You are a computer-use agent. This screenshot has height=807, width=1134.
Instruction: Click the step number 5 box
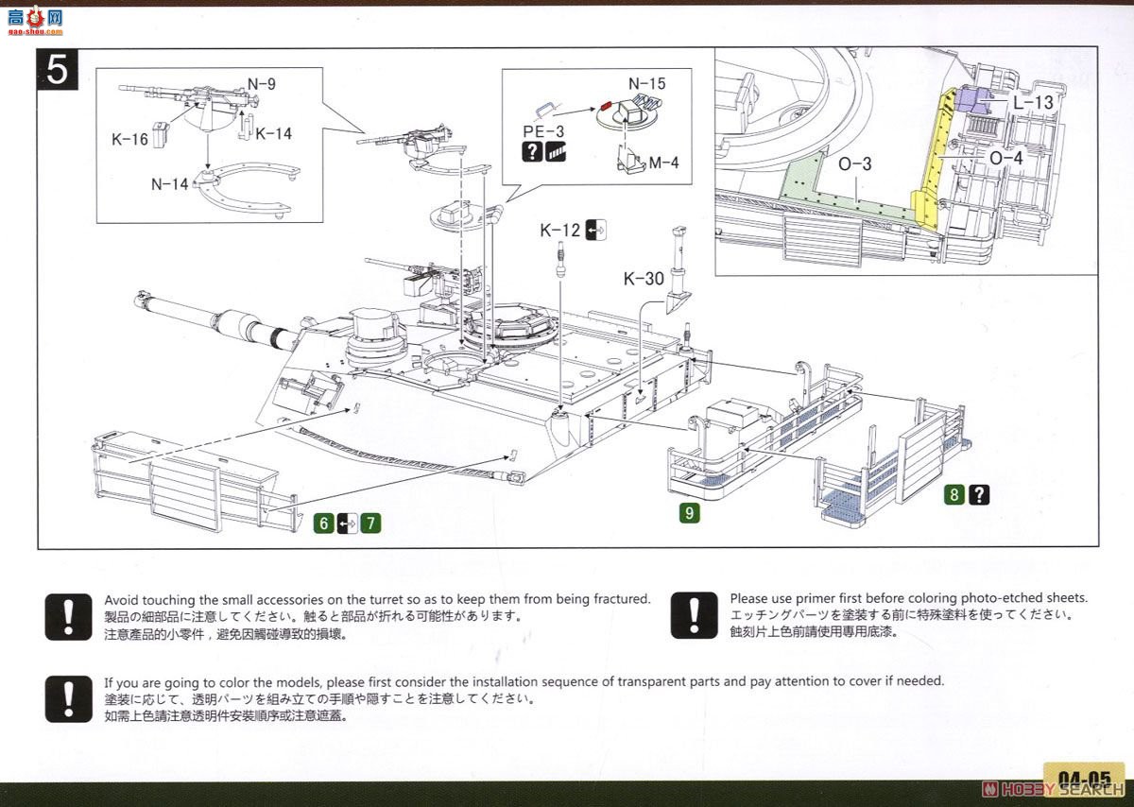(x=58, y=69)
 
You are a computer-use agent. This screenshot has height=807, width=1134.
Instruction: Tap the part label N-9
(x=262, y=84)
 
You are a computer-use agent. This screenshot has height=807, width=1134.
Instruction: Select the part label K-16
(x=129, y=140)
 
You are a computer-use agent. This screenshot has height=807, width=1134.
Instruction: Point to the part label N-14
(x=169, y=185)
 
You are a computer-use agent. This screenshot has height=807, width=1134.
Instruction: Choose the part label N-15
(x=647, y=83)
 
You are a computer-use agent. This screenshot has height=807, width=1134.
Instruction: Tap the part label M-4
(x=663, y=163)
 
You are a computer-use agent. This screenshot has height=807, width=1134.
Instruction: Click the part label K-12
(x=560, y=230)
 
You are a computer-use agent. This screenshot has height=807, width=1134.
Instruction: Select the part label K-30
(x=643, y=279)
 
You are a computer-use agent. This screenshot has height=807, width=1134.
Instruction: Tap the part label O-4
(x=1005, y=158)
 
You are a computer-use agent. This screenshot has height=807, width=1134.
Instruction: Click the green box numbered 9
(x=691, y=514)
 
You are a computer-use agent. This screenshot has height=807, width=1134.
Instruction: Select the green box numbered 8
(x=956, y=493)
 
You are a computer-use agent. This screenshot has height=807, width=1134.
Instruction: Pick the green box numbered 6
(x=325, y=522)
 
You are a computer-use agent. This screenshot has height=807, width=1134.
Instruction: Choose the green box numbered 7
(x=369, y=522)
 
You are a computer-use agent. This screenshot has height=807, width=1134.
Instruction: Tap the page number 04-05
(x=1083, y=780)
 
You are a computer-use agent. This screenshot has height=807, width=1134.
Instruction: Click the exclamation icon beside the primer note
(x=695, y=615)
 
